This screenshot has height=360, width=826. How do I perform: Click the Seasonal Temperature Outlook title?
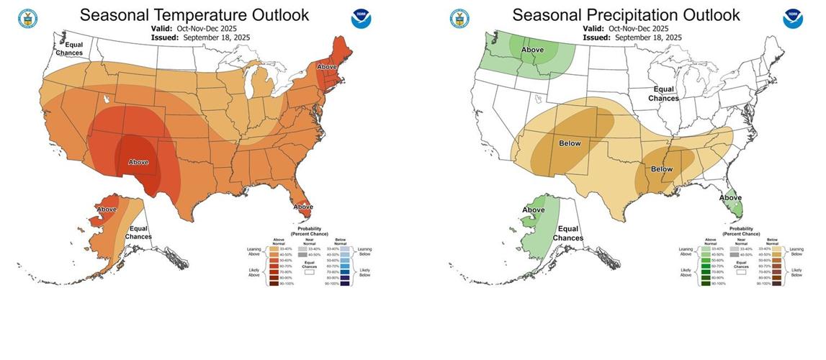click(194, 14)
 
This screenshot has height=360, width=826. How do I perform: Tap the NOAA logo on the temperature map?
click(361, 18)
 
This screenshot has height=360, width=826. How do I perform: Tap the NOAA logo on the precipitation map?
click(793, 18)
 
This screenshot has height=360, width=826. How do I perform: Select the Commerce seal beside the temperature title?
click(27, 19)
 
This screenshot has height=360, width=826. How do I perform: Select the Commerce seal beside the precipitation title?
click(459, 19)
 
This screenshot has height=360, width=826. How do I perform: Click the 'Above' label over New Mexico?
click(138, 162)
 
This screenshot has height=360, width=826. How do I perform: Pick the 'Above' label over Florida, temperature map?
click(302, 208)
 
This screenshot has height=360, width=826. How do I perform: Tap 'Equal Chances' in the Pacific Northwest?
click(71, 48)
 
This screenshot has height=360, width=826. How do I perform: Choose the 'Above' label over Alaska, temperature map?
click(106, 210)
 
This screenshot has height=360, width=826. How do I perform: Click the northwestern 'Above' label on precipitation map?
click(532, 50)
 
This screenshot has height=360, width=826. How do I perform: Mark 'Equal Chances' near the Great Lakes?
click(663, 94)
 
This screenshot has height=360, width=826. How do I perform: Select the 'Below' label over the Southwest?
click(570, 143)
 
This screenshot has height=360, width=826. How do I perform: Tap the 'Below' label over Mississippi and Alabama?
click(661, 168)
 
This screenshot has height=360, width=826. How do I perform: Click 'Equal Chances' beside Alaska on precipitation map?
click(568, 233)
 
